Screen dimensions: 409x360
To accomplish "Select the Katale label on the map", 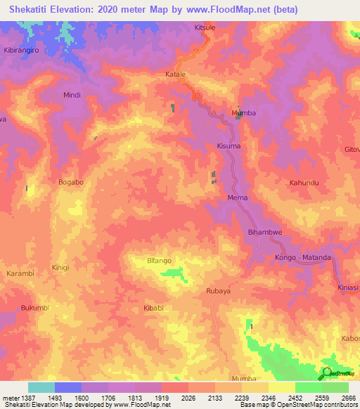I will click(175, 74).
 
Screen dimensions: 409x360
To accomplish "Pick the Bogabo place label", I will click(71, 182).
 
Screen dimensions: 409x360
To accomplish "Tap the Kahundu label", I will click(304, 183).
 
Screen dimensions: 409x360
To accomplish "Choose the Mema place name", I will click(238, 198).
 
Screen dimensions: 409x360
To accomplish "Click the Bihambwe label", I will click(265, 232).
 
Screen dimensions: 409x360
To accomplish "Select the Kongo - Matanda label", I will click(303, 258).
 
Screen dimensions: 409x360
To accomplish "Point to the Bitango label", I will click(159, 261).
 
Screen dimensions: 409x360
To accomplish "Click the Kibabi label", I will click(153, 308).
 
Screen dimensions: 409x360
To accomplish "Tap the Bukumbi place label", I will click(35, 308).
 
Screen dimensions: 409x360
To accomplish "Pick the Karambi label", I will click(20, 273).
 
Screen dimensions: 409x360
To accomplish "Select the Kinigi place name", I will click(61, 268).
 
